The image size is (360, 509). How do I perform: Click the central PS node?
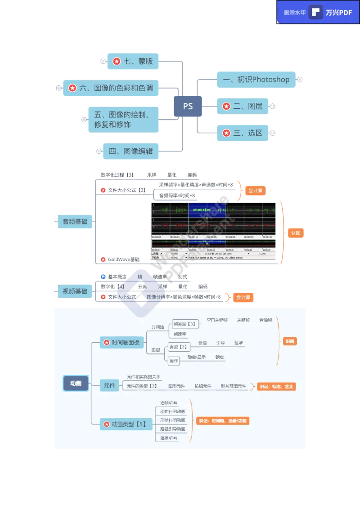[x=188, y=107]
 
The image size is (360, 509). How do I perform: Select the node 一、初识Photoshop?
[x=257, y=80]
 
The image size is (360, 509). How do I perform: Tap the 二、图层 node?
[x=243, y=107]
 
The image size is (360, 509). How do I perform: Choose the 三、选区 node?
[x=243, y=133]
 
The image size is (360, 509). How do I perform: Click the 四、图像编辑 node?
[x=130, y=151]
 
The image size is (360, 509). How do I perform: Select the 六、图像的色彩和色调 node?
[x=111, y=88]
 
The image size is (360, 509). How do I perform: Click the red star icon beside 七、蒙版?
[x=117, y=61]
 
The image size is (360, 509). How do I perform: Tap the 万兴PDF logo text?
[x=339, y=13]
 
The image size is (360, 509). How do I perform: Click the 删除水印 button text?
[x=295, y=13]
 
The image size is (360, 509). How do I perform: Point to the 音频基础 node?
[x=75, y=222]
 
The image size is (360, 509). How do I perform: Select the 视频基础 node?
[x=75, y=291]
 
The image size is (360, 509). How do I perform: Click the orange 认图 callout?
[x=295, y=233]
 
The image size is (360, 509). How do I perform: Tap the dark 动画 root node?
[x=76, y=384]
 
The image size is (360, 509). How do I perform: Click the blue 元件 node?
[x=109, y=385]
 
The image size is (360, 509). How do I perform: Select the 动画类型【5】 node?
[x=124, y=424]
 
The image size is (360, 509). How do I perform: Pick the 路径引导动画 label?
[x=172, y=429]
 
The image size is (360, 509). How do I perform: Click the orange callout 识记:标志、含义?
[x=276, y=386]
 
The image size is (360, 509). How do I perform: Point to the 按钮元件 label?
[x=202, y=386]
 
